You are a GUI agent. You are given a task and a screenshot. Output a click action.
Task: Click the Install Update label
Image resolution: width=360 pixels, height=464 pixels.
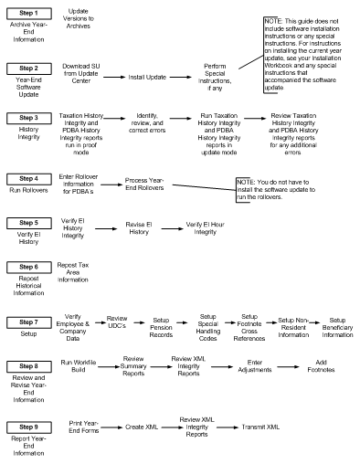click(145, 78)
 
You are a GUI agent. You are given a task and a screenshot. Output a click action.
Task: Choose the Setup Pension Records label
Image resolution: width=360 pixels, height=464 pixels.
click(164, 325)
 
